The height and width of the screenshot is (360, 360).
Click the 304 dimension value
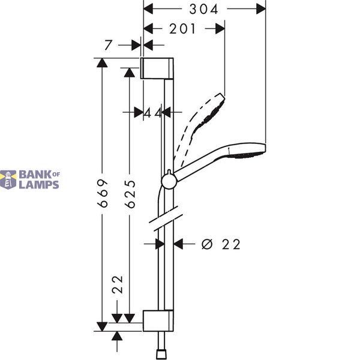pos(203,10)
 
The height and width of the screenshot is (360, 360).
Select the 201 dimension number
pos(182,29)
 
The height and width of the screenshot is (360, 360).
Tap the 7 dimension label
pos(108,45)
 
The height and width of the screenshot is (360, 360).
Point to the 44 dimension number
pos(153,113)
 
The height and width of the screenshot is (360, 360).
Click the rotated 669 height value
pos(103,193)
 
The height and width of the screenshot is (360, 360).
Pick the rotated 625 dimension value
pos(130,194)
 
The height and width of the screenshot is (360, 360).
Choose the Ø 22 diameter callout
pos(221,244)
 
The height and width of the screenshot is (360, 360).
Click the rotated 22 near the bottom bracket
pos(118,284)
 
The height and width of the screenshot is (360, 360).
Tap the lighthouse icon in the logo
pos(8,179)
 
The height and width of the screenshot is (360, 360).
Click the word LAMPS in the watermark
pos(39,185)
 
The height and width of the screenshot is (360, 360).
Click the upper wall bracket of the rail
pos(157,68)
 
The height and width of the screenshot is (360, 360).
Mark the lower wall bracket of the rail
pos(158,321)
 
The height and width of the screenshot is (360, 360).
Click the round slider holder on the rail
pos(169,182)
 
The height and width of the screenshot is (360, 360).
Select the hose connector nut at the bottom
pos(161,355)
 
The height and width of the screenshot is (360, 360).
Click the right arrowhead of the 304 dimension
pos(261,9)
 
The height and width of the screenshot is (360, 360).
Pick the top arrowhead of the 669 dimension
pos(102,62)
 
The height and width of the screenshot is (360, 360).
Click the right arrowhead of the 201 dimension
pos(220,29)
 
